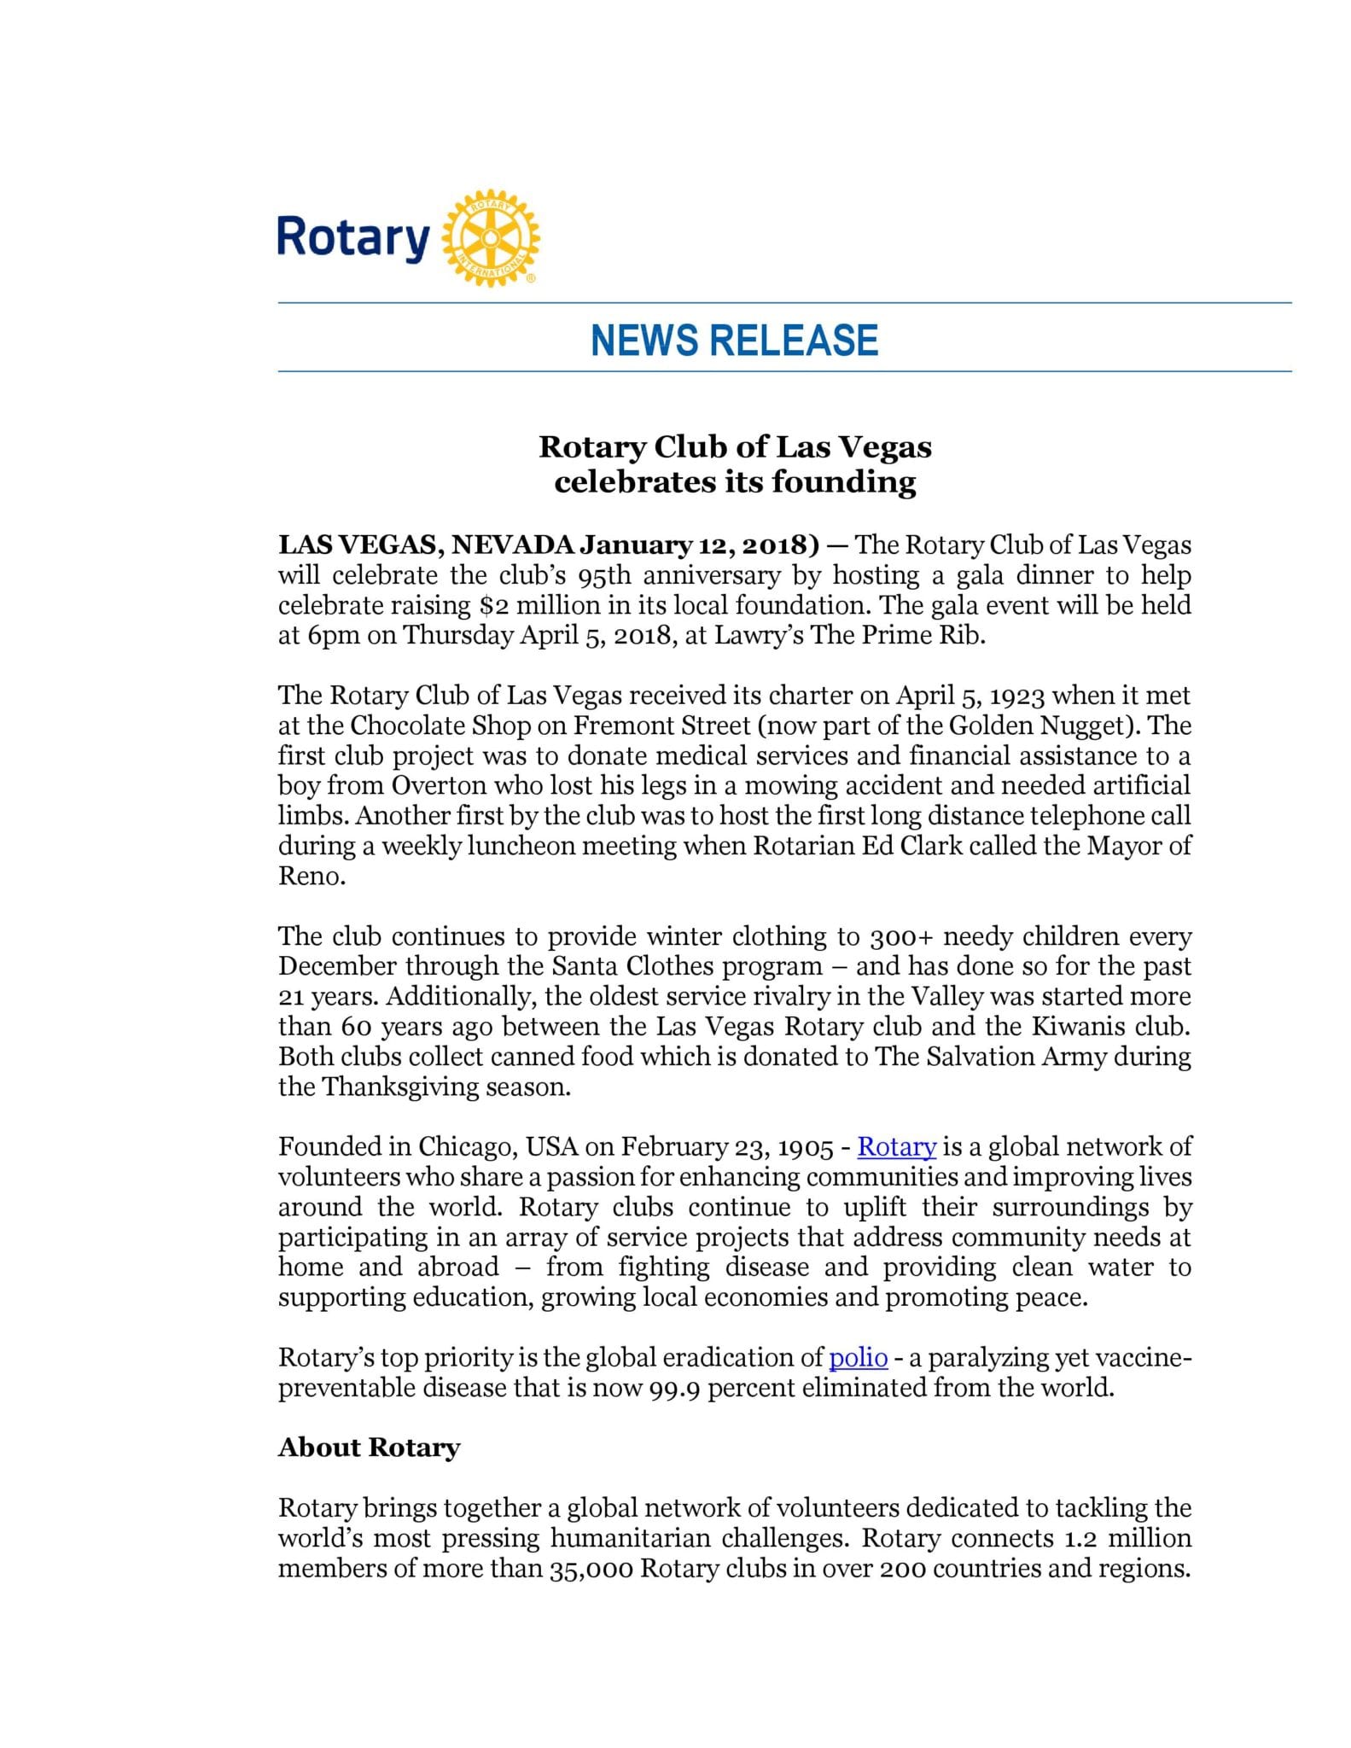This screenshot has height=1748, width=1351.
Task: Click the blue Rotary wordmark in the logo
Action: (353, 238)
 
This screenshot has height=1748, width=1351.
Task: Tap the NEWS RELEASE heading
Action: (734, 340)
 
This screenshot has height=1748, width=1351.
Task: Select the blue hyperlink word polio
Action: (859, 1357)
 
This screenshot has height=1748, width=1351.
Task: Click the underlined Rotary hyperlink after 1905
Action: (896, 1147)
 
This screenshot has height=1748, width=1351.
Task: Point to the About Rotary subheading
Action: (369, 1448)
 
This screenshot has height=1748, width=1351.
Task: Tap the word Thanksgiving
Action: (397, 1087)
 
